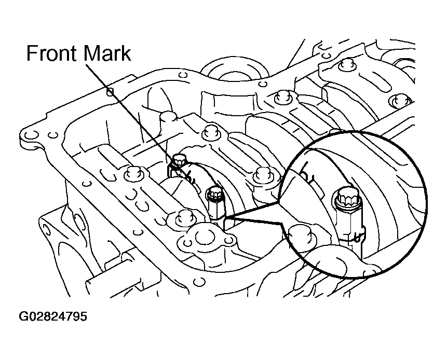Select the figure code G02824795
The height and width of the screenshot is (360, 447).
coord(53,316)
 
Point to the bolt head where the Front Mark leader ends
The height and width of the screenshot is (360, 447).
coord(179,160)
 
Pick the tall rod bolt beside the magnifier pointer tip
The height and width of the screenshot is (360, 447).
coord(215,205)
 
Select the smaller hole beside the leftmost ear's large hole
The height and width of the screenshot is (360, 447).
coord(51,135)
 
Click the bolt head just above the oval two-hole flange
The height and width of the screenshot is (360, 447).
coord(185,217)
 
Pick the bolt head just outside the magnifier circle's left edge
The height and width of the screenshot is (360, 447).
coord(264,174)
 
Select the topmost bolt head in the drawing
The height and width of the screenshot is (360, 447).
coord(347,64)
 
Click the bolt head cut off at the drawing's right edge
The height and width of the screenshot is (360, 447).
coord(401,100)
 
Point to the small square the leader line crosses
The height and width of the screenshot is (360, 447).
coord(110,92)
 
